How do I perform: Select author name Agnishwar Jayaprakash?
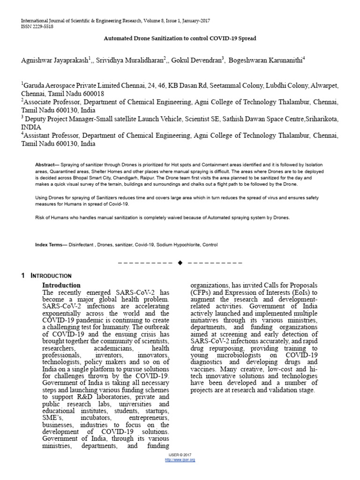tap(54, 60)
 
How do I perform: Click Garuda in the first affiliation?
tap(34, 86)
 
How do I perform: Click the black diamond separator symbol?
tap(180, 262)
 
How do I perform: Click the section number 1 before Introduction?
tap(23, 276)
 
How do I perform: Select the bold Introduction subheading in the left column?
tap(61, 285)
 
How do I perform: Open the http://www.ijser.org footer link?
tap(180, 460)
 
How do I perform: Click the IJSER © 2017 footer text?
tap(180, 455)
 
